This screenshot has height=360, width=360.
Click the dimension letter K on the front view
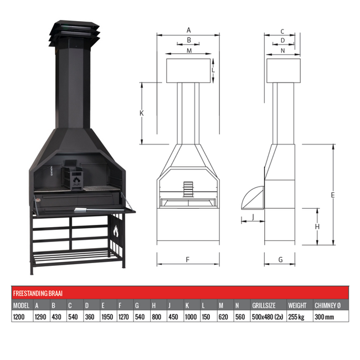tap(142, 113)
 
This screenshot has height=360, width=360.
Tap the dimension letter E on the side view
tap(333, 195)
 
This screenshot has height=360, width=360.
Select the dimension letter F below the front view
tap(188, 259)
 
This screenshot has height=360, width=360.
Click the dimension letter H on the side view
tap(317, 227)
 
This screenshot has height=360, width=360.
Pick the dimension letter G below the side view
tap(280, 259)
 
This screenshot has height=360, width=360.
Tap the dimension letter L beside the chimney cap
tap(213, 70)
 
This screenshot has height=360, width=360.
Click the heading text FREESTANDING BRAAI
tap(36, 292)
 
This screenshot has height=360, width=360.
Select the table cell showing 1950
tap(108, 317)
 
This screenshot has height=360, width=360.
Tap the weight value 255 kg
tap(296, 317)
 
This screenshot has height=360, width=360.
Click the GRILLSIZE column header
tap(264, 305)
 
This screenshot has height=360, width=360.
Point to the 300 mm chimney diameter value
tap(324, 317)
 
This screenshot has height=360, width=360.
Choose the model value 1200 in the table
tap(20, 317)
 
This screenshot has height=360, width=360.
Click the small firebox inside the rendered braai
tap(74, 176)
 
